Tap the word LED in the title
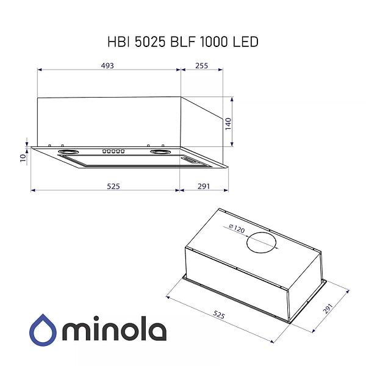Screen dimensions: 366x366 pos(245,41)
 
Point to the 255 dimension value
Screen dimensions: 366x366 pos(201,65)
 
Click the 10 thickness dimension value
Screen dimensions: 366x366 pos(23,157)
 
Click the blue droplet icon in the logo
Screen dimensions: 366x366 pos(43,330)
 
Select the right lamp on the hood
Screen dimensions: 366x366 pos(160,151)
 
